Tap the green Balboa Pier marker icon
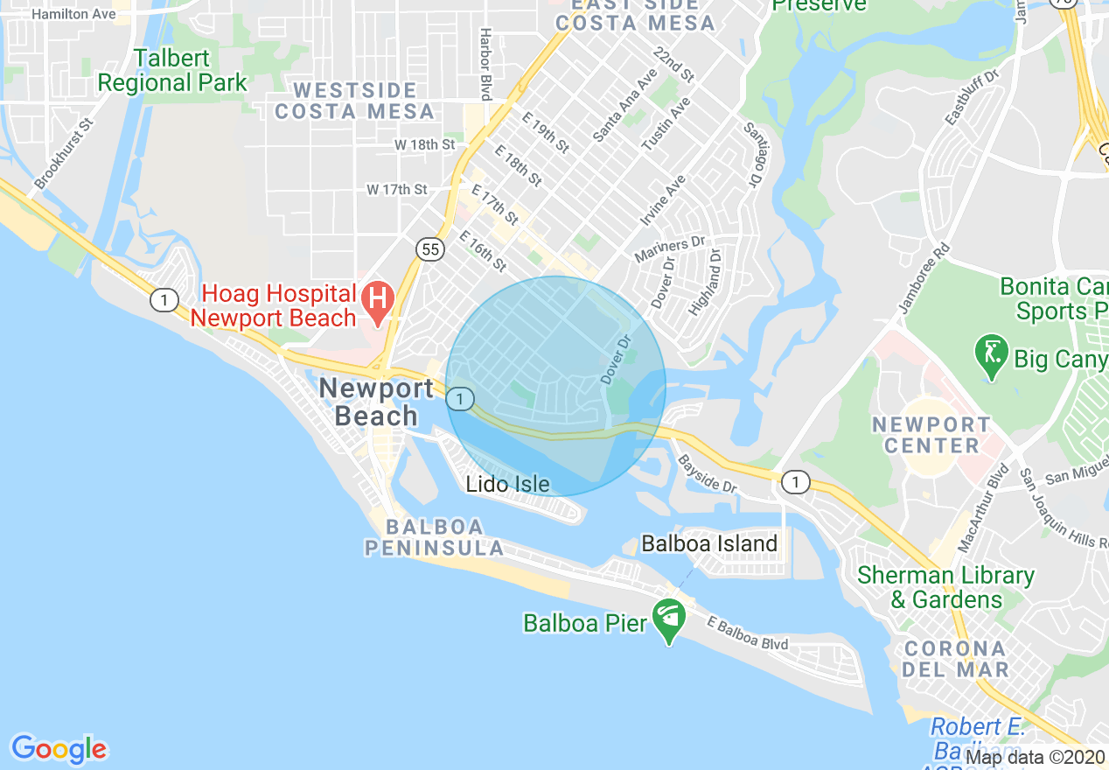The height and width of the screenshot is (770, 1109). pos(669,619)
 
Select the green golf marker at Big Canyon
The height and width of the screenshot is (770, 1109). pos(991,354)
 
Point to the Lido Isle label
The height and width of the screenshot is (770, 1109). pos(507,484)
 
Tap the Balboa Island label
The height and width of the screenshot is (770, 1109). pos(709,543)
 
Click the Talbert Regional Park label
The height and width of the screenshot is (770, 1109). pos(172,71)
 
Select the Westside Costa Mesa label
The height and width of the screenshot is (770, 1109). pos(354,101)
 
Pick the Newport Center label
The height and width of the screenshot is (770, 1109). pos(931,435)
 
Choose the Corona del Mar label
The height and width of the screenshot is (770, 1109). pos(955,660)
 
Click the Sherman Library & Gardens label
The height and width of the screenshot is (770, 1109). pos(945,587)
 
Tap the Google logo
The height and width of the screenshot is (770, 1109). pos(59,749)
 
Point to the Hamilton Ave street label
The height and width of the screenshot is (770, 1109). pos(73,15)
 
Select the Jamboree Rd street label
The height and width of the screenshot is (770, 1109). pos(924,279)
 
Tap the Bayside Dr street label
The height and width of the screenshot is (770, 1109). pos(708,474)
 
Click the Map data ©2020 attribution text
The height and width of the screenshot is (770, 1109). pos(1036,756)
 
